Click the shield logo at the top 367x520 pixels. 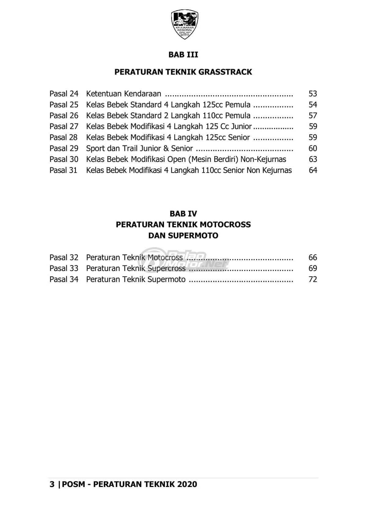(x=184, y=24)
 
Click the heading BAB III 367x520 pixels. (x=183, y=55)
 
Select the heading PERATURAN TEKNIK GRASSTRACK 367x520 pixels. (x=183, y=72)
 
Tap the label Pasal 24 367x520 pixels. (x=64, y=93)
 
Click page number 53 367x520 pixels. (x=313, y=93)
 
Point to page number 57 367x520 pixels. (x=313, y=115)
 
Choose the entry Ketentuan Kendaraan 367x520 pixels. (x=124, y=93)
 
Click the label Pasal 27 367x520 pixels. (x=64, y=126)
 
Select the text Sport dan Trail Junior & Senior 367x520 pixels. (x=139, y=148)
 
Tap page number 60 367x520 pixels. (x=313, y=148)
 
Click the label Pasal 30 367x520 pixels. (x=64, y=159)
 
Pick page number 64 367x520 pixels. (x=313, y=170)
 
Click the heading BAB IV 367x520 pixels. (x=183, y=214)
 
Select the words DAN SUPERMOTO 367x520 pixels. (x=183, y=236)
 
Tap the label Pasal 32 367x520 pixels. (x=64, y=258)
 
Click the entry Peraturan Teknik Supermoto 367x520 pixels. (x=136, y=279)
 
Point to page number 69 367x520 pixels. (x=313, y=268)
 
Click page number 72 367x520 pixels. (x=313, y=279)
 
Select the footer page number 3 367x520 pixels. (x=52, y=484)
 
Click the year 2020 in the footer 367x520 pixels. (x=187, y=484)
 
